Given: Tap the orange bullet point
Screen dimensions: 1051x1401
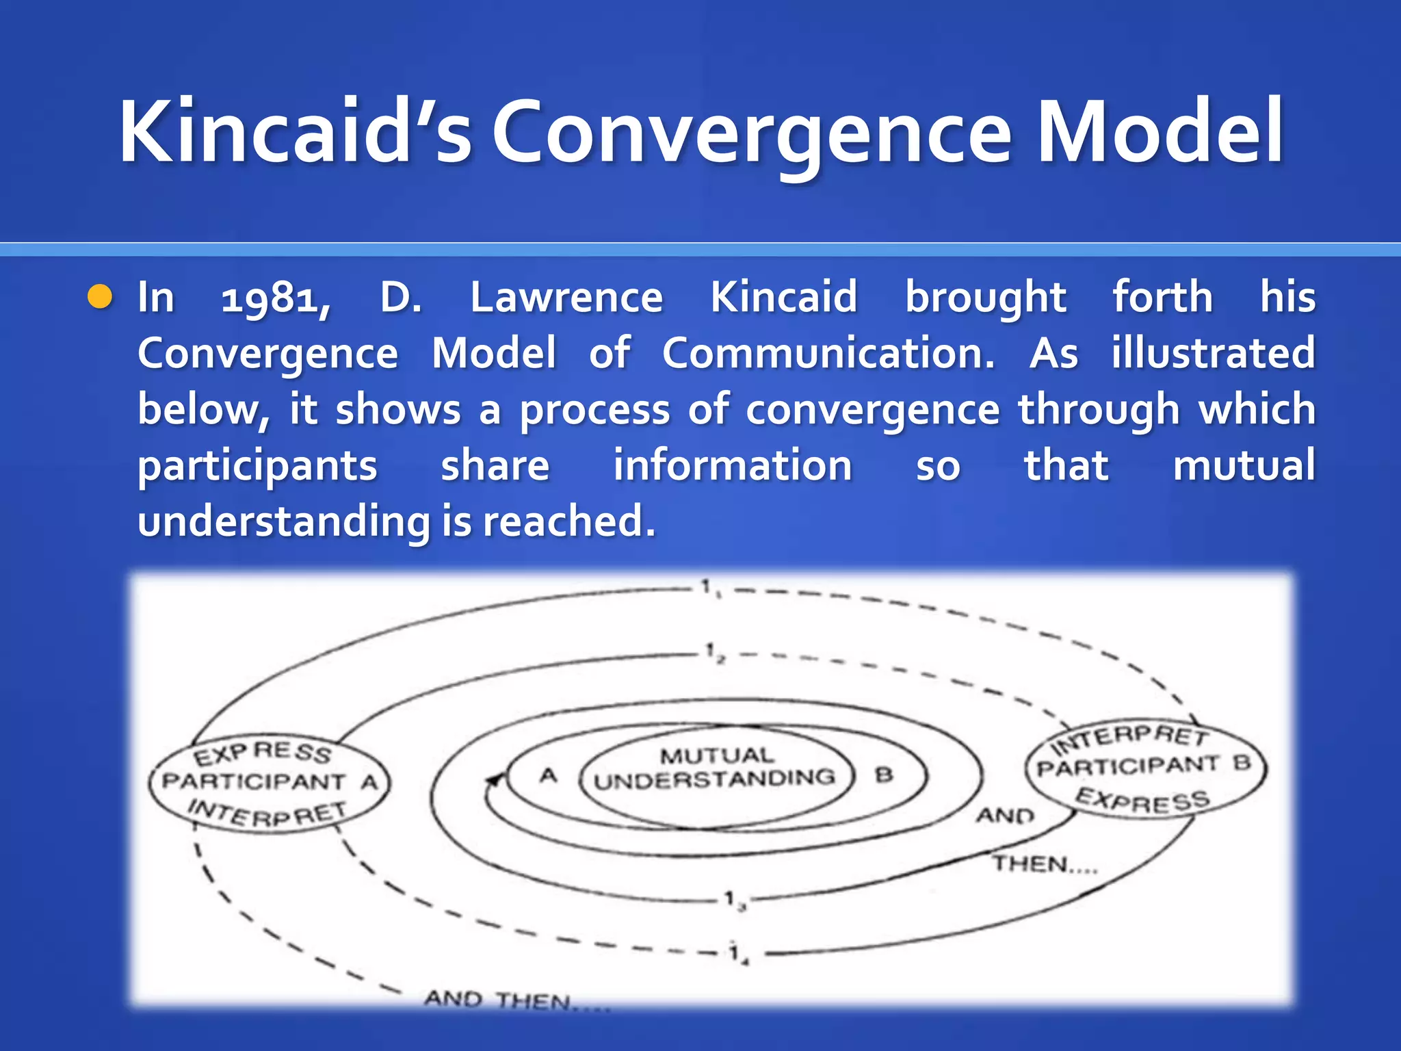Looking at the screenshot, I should (100, 297).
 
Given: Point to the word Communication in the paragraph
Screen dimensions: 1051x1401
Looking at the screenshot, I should (828, 353).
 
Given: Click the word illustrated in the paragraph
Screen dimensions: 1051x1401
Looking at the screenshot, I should (1213, 353).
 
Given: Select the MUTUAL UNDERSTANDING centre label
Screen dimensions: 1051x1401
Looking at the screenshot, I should (716, 768).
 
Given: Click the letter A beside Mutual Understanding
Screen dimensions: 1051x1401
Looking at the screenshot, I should (549, 776).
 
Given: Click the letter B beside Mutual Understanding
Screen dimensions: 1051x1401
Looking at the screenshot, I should (884, 775).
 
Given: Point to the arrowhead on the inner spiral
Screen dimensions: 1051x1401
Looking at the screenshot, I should (494, 780).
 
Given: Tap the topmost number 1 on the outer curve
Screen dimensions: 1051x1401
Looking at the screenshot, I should (707, 586).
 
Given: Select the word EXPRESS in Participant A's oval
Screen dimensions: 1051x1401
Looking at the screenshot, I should (263, 753).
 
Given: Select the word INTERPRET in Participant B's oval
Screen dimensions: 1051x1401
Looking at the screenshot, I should (1130, 738).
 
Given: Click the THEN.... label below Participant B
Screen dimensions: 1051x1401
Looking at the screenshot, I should (1045, 864).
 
